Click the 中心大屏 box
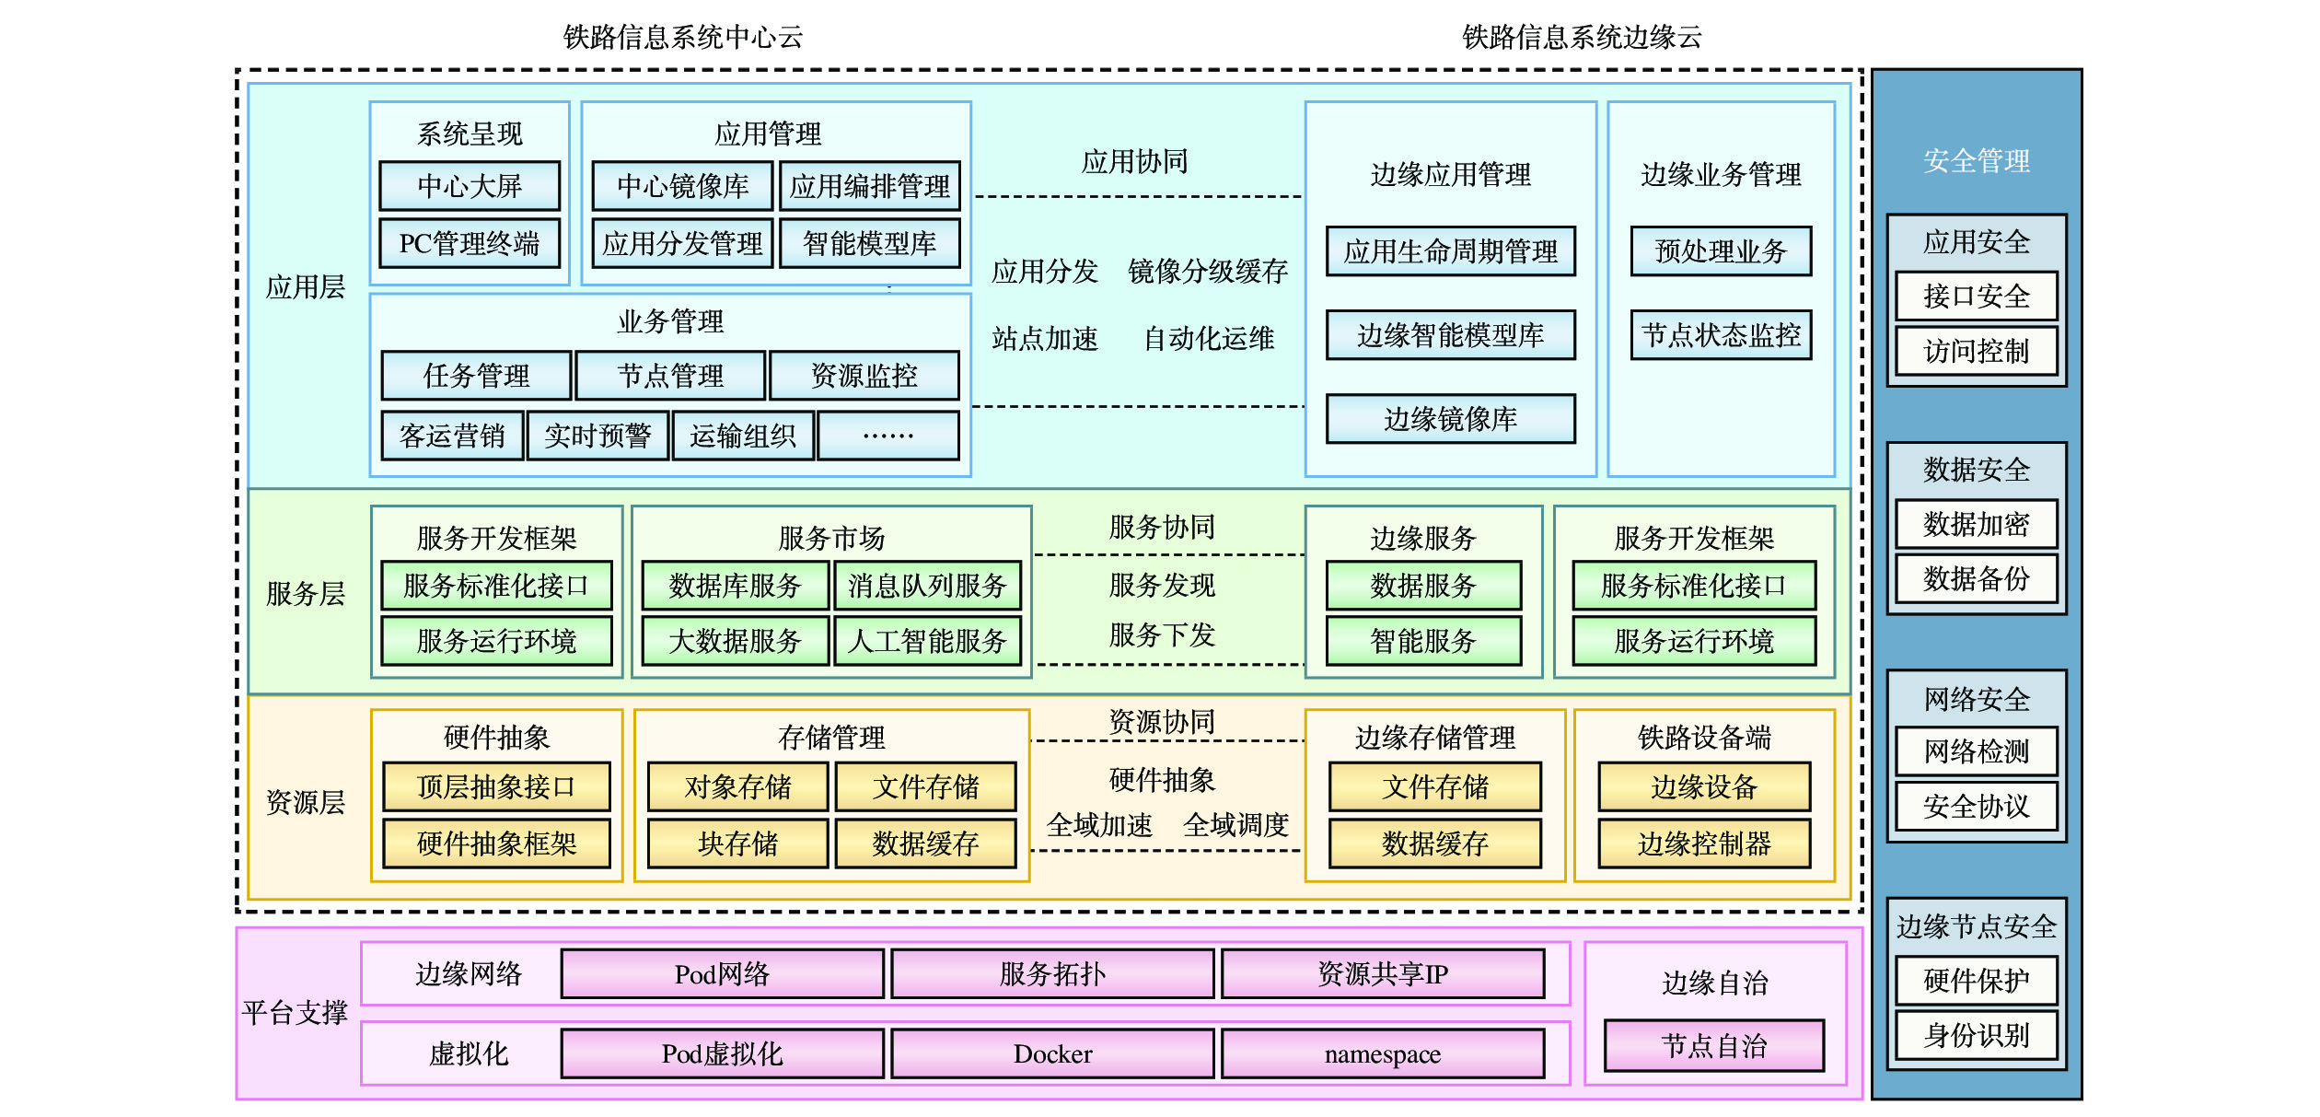470,186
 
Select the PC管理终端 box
470,243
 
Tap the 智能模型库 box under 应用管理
870,243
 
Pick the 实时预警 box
597,436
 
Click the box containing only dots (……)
888,436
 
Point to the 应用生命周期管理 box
1451,251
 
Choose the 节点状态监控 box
1721,335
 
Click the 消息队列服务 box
928,586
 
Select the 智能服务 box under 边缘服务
1423,641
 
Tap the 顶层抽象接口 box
496,786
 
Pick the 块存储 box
737,844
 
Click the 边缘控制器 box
1704,844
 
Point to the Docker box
1052,1053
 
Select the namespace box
1383,1053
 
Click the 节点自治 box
1714,1045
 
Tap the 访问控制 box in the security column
1977,351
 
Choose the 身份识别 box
1977,1035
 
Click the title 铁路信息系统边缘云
1582,37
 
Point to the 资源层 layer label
305,802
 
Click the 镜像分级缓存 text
1208,271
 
